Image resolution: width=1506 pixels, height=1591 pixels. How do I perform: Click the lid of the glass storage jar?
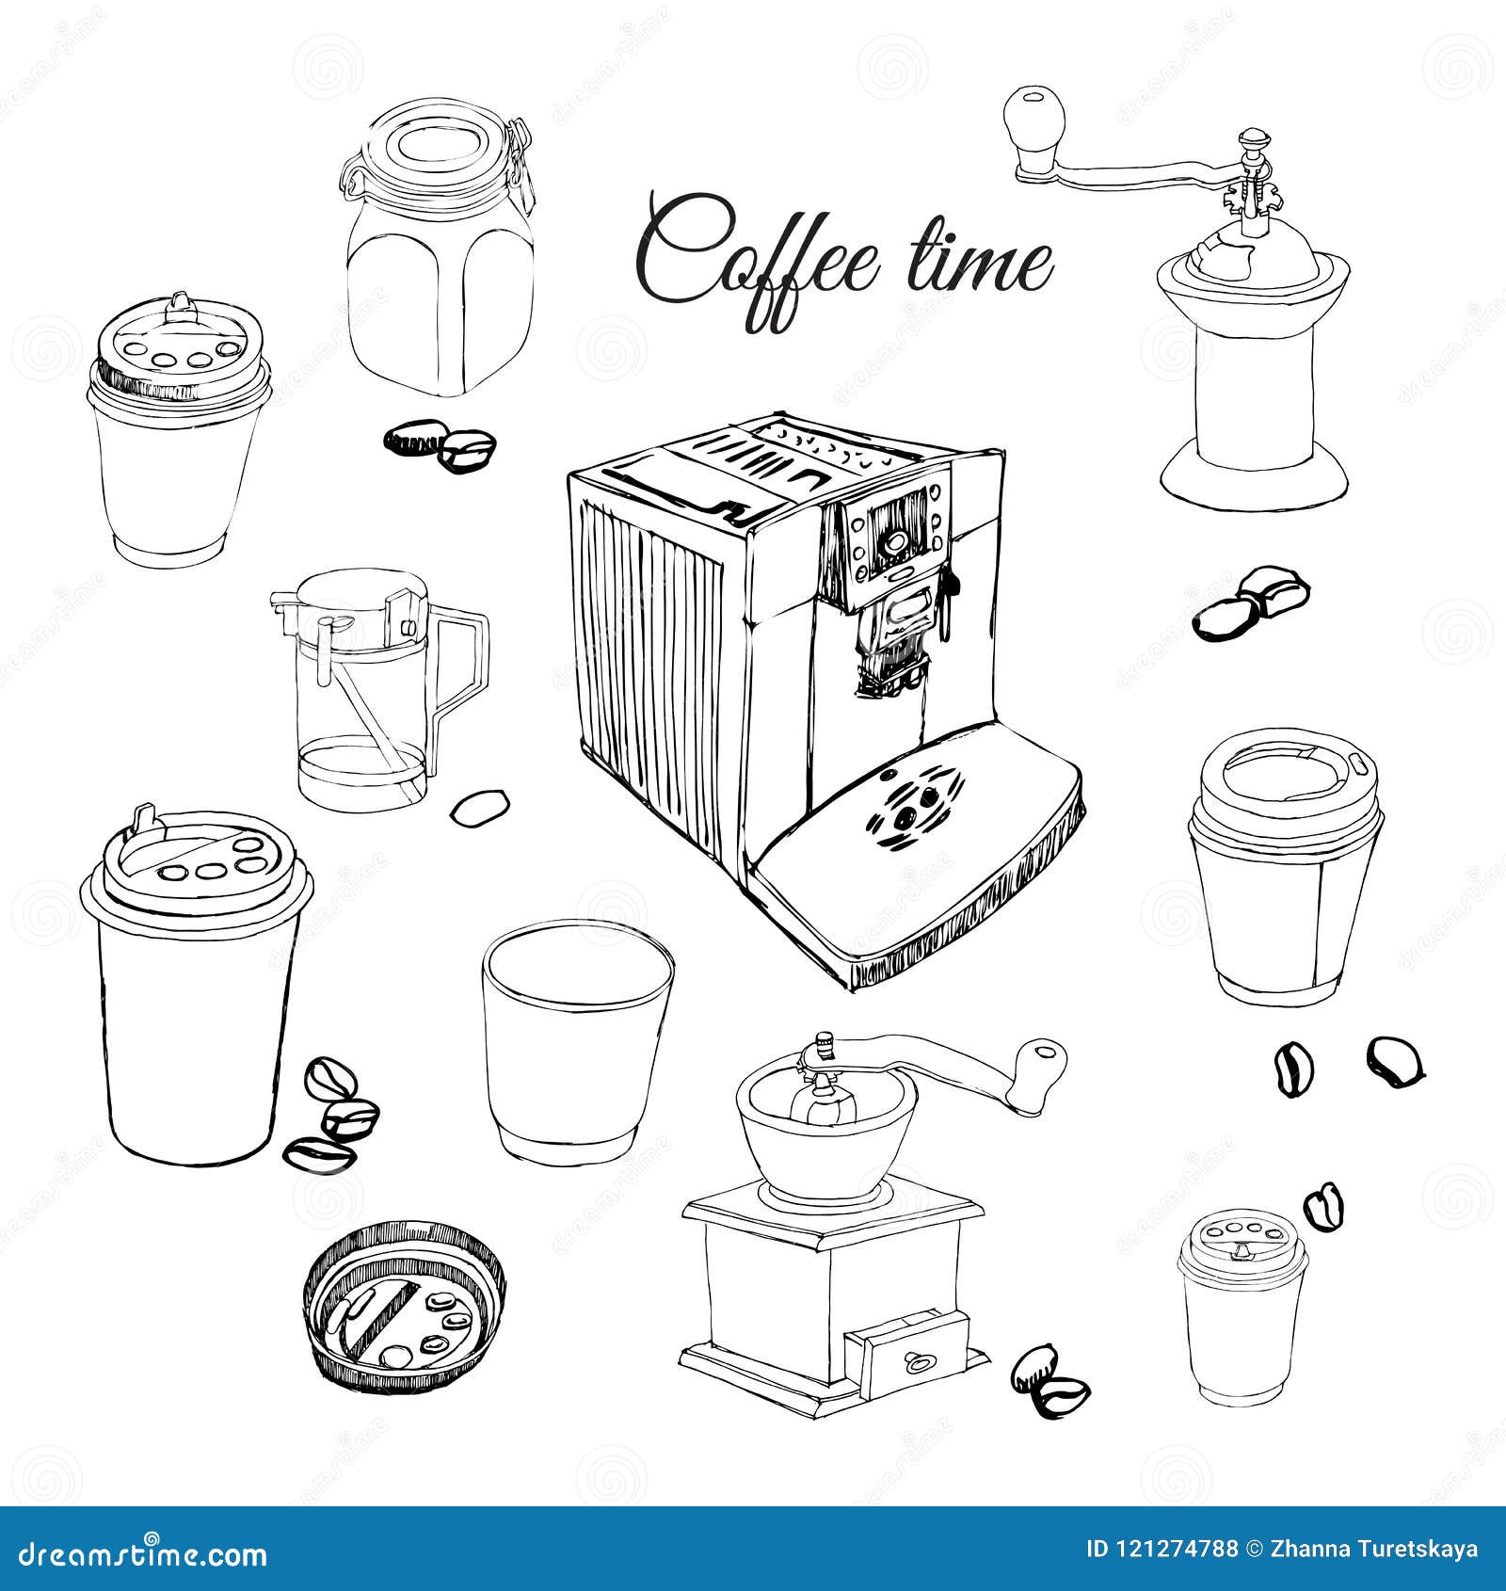[x=438, y=151]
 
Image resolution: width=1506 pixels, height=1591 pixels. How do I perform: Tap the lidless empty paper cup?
[x=576, y=1040]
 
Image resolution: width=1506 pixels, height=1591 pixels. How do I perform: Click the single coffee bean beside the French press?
[x=480, y=806]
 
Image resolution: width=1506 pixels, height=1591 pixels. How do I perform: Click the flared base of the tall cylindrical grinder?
[x=1252, y=480]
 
